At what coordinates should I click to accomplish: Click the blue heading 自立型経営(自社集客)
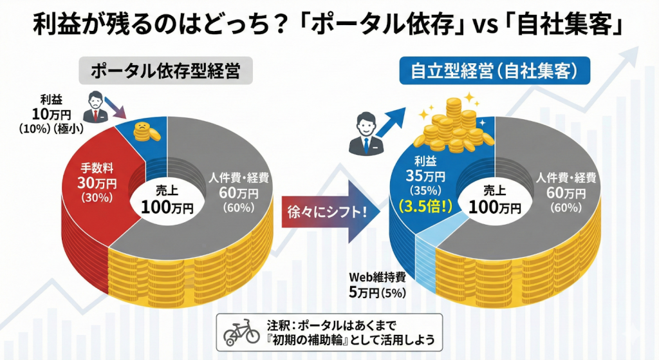click(494, 71)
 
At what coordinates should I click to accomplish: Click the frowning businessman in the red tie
click(97, 108)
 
